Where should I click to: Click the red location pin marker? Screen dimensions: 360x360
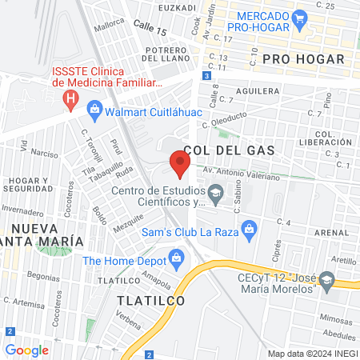pos(179,166)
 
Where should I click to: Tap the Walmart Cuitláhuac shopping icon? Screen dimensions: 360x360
pos(94,107)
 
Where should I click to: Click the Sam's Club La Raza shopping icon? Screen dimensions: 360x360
pos(250,230)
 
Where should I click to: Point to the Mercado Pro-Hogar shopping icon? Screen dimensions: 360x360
pos(300,17)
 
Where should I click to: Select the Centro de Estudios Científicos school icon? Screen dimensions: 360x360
pos(215,192)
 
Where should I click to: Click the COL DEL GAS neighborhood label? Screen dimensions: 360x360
pos(229,150)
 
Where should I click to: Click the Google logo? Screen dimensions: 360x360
pos(26,350)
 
